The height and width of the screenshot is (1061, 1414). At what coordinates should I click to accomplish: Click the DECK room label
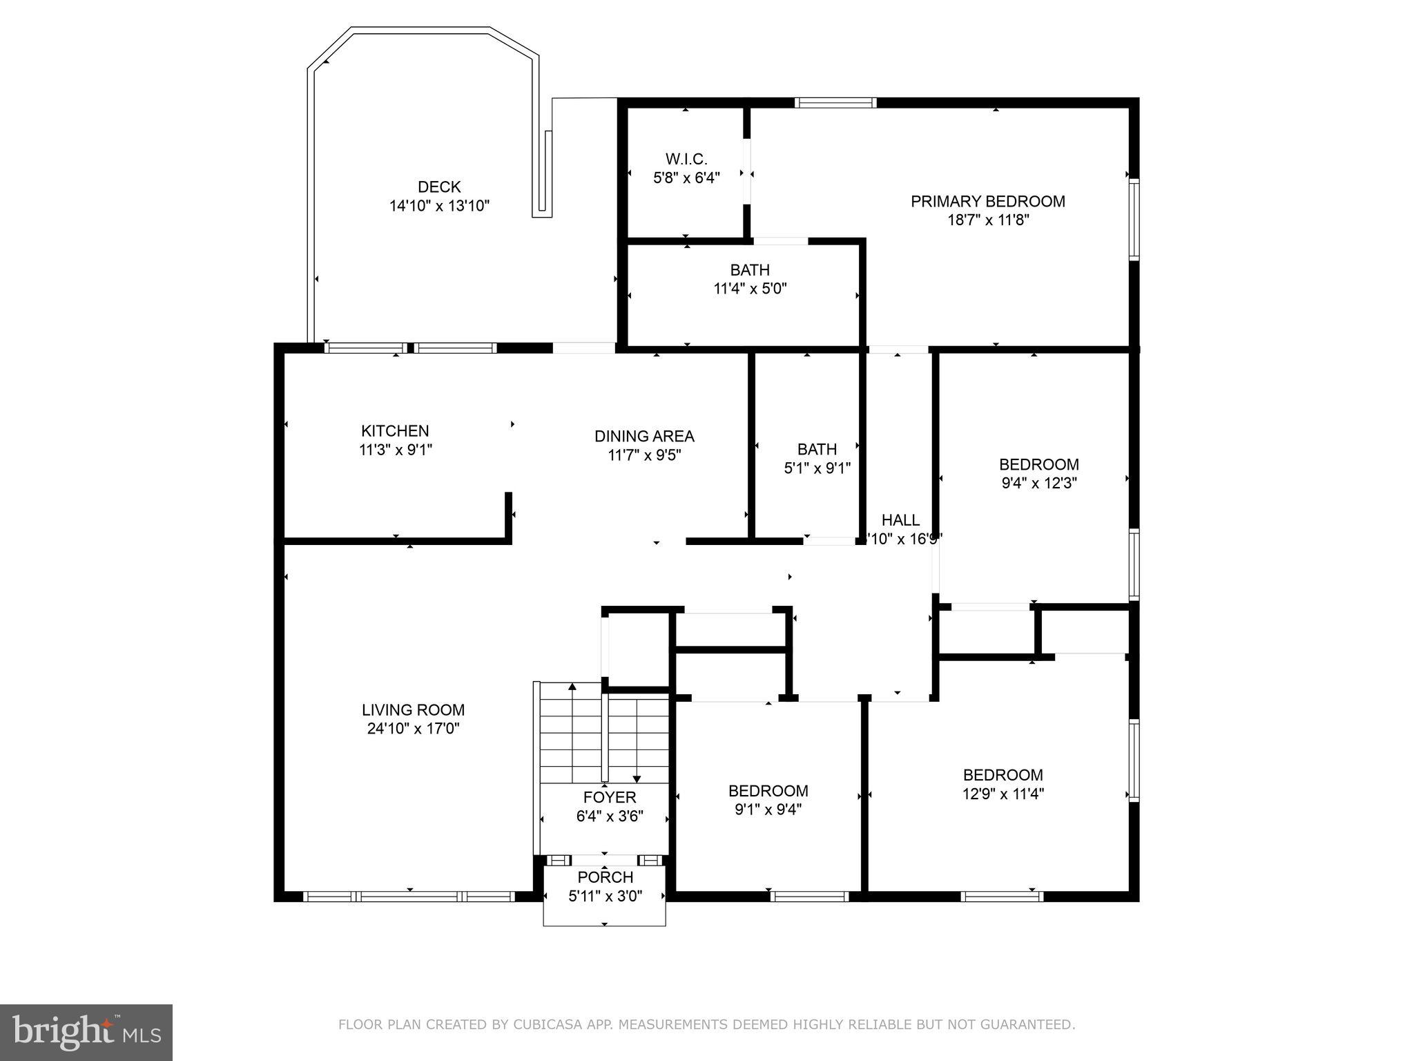click(439, 187)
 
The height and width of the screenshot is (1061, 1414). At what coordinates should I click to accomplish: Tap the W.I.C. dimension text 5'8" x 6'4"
click(686, 178)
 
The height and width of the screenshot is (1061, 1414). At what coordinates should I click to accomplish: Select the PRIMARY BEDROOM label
click(987, 201)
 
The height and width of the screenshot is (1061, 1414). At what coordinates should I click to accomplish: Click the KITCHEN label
click(395, 431)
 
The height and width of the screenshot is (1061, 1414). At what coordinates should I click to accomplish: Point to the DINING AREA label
click(644, 436)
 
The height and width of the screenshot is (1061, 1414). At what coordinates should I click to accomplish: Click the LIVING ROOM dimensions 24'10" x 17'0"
click(413, 728)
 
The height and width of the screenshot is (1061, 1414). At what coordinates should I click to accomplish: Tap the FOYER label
click(609, 798)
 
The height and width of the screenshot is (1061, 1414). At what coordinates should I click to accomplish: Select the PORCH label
click(605, 877)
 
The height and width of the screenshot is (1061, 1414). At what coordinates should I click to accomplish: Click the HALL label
click(900, 520)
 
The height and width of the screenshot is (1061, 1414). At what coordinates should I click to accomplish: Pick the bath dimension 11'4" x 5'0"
click(750, 289)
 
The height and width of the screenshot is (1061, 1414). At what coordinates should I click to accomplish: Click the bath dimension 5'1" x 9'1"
click(817, 468)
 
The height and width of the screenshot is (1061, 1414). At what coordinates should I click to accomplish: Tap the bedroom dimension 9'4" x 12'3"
click(1038, 483)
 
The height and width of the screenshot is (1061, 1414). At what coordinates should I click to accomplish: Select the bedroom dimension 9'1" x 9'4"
click(768, 809)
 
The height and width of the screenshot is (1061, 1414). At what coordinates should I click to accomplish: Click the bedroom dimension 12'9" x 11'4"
click(1003, 794)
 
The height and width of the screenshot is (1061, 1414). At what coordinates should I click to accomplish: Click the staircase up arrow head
click(572, 686)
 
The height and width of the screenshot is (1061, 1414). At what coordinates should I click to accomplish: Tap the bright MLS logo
click(86, 1032)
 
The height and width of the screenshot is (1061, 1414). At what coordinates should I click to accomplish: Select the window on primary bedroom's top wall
click(835, 103)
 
